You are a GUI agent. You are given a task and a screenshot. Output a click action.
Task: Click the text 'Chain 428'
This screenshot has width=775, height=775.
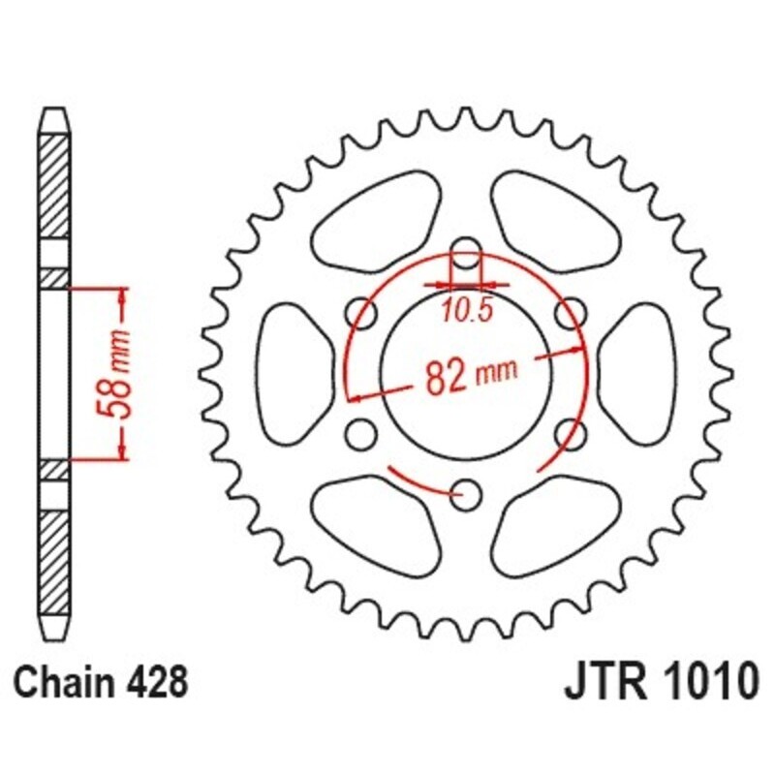coord(100,682)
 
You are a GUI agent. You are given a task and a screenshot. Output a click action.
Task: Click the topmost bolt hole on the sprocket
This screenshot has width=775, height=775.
coord(467,249)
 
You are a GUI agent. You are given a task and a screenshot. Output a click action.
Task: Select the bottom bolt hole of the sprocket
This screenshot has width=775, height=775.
coord(467,496)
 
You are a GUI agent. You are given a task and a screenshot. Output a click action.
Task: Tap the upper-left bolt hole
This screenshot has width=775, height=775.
coord(361,312)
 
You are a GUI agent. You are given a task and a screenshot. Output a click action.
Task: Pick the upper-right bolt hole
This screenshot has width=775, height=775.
coord(573,312)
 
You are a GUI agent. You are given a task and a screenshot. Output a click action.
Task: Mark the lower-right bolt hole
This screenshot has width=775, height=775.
coord(573,433)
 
